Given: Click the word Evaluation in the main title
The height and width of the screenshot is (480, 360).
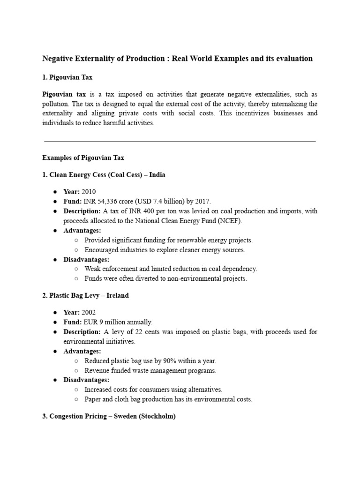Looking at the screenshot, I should (x=295, y=59).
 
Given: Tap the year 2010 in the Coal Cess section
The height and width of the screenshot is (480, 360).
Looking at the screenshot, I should (x=89, y=192).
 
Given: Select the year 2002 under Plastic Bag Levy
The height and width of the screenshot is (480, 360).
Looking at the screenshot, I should (x=89, y=312).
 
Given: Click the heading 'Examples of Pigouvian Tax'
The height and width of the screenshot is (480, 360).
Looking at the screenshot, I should (x=83, y=157).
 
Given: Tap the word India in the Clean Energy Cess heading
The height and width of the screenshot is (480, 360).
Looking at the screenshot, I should (x=156, y=175).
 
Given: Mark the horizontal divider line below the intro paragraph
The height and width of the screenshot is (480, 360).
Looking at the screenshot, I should (x=180, y=141).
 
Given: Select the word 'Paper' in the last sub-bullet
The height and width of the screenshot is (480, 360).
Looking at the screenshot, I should (x=93, y=399).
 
